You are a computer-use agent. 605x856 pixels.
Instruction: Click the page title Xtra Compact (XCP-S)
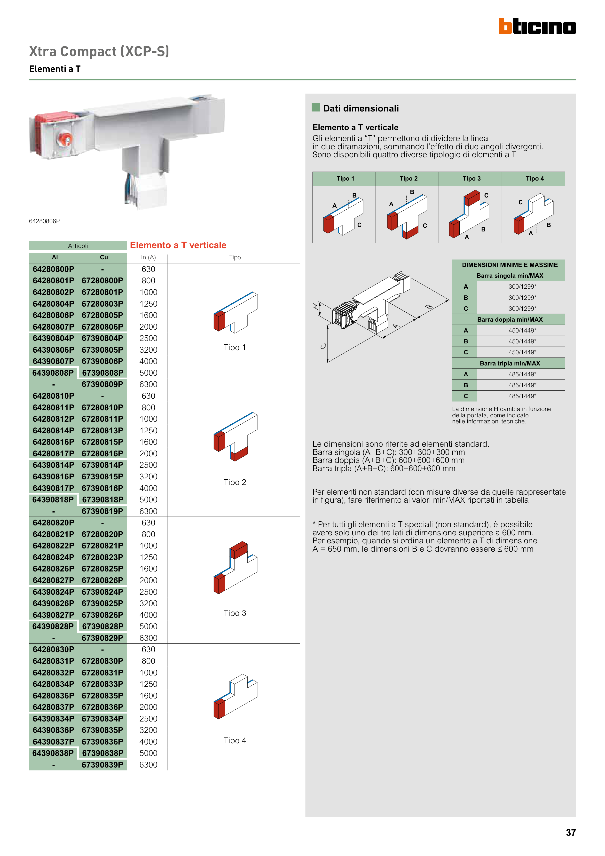tap(99, 51)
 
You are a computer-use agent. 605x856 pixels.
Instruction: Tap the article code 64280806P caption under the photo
tap(44, 221)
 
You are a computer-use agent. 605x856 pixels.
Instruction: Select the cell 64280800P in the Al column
tap(53, 269)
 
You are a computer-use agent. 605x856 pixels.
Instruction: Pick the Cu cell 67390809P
tap(102, 384)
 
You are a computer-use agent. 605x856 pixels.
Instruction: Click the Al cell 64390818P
tap(53, 499)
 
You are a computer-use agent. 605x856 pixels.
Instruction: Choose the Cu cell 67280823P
tap(102, 557)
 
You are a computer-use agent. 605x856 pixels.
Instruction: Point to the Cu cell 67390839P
tap(102, 765)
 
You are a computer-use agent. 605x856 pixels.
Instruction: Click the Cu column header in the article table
tap(104, 257)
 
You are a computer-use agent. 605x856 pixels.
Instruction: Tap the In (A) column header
tap(148, 257)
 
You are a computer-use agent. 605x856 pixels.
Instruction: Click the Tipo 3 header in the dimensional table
tap(471, 179)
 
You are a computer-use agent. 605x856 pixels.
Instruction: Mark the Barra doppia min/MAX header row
tap(510, 319)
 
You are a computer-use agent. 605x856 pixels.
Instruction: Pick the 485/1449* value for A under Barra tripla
tap(522, 374)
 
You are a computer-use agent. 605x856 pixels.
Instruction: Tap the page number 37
tap(571, 832)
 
